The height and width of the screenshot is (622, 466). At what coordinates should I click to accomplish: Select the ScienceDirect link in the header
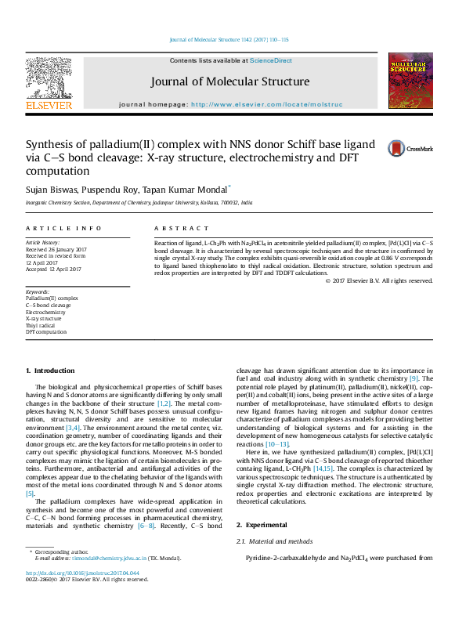tap(271, 60)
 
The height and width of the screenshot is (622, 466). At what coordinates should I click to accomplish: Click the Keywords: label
tap(38, 291)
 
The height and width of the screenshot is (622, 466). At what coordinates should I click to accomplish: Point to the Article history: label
tap(43, 243)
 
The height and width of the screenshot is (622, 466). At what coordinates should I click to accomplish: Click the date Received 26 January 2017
tap(56, 250)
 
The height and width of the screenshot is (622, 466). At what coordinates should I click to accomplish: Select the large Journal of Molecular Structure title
tap(231, 81)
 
